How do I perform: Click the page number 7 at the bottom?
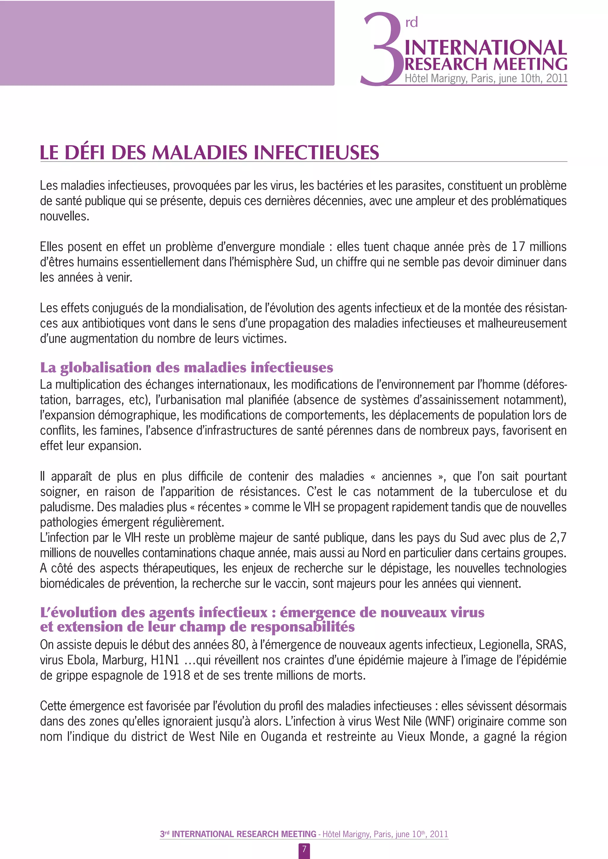[x=304, y=849]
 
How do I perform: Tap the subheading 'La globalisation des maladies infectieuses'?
[x=186, y=368]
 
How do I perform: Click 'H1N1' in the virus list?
[x=165, y=660]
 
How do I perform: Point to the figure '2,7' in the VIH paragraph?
[x=558, y=538]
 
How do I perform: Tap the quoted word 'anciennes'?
[x=407, y=476]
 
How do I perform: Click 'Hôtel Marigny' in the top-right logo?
[x=436, y=78]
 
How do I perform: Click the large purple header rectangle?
[x=167, y=43]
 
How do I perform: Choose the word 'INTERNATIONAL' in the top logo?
[x=486, y=48]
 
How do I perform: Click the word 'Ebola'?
[x=82, y=660]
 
